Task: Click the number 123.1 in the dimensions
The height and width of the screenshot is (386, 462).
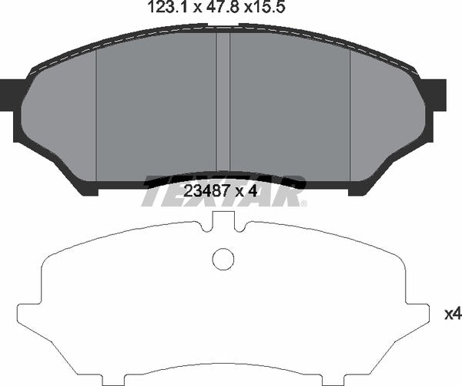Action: tap(164, 10)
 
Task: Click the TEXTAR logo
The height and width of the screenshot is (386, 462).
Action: tap(223, 192)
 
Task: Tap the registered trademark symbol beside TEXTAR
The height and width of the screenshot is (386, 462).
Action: tap(303, 203)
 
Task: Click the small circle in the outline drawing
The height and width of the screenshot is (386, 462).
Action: tap(223, 259)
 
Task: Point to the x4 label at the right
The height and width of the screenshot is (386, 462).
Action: tap(452, 314)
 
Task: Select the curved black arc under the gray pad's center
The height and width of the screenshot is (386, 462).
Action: tap(223, 176)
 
